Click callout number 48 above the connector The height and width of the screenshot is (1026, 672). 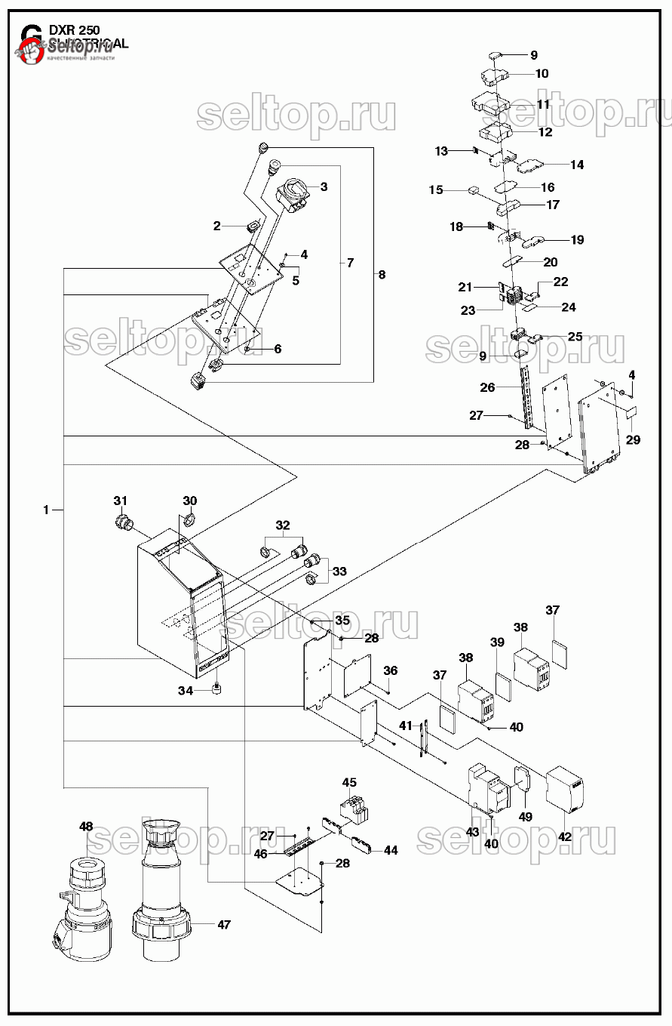[86, 827]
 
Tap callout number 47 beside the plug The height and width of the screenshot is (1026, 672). [224, 924]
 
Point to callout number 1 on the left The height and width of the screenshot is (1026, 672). [46, 510]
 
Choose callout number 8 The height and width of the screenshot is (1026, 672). [382, 275]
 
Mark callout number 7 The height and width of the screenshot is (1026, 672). [350, 263]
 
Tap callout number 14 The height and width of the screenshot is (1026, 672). [577, 165]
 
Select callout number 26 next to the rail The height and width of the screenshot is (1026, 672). [487, 387]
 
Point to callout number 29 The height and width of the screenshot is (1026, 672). [633, 439]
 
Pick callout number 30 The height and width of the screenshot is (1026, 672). [190, 501]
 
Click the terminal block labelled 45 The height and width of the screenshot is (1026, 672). [355, 811]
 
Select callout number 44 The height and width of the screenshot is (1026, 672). [391, 850]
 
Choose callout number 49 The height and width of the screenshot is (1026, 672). [526, 817]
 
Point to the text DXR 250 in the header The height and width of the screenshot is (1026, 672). [74, 30]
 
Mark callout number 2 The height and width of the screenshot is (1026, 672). [217, 226]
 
